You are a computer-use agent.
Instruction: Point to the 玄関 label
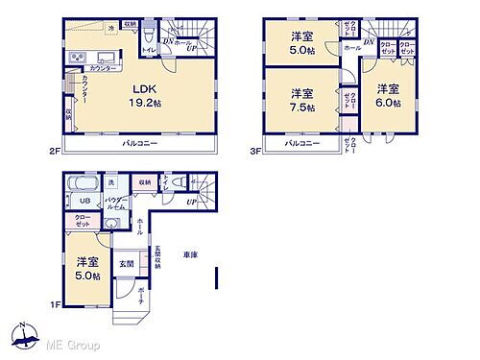tap(127, 263)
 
